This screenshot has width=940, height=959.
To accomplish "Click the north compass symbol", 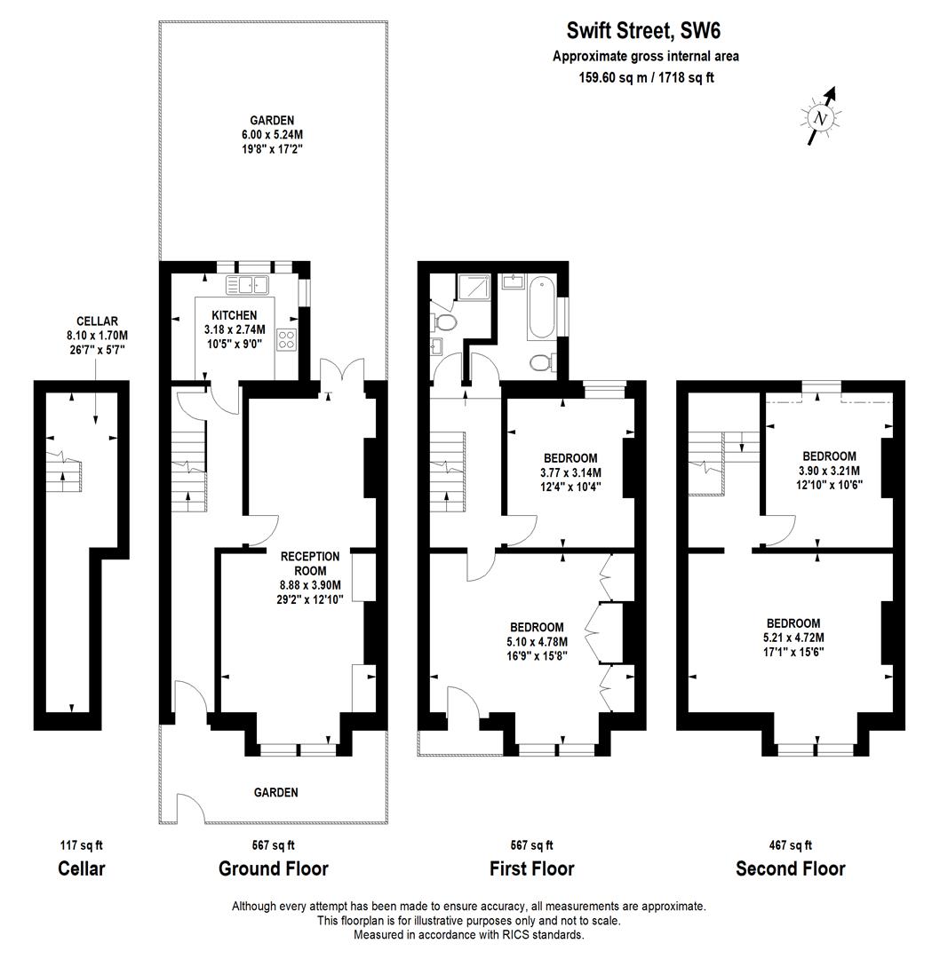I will [821, 116].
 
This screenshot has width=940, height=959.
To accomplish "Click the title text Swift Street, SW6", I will [644, 32].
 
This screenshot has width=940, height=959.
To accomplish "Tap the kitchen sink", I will [249, 285].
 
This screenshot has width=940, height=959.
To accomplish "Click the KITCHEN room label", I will [235, 315].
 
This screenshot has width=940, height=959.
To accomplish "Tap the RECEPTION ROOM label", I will [304, 563].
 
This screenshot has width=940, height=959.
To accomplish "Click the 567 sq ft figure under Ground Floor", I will [274, 845].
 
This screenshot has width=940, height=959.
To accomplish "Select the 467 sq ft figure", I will [790, 845].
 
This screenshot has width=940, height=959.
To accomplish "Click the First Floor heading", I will [532, 868].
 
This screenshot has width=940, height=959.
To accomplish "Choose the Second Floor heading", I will [790, 868].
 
